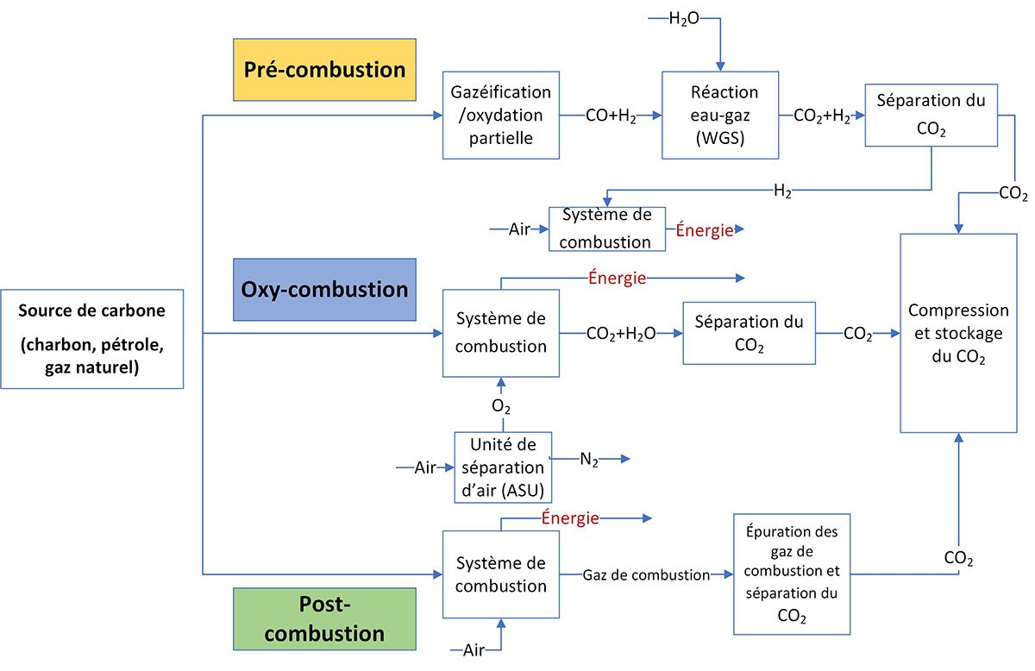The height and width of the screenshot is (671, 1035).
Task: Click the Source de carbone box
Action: (91, 338)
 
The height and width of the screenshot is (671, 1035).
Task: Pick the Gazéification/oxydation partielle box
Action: (501, 116)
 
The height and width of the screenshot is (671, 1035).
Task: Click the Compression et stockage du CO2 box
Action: (958, 333)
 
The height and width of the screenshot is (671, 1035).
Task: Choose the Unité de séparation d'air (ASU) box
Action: (503, 467)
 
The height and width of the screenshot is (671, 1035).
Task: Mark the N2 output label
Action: (589, 461)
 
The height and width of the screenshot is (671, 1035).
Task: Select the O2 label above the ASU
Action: (501, 405)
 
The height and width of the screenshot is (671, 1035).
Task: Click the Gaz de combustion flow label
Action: (645, 574)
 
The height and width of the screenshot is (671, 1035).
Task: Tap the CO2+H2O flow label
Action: (620, 334)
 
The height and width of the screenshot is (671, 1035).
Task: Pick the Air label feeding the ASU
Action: (425, 467)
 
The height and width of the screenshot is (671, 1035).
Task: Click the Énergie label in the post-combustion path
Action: (570, 518)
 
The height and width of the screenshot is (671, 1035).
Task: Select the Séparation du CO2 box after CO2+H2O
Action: (749, 333)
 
